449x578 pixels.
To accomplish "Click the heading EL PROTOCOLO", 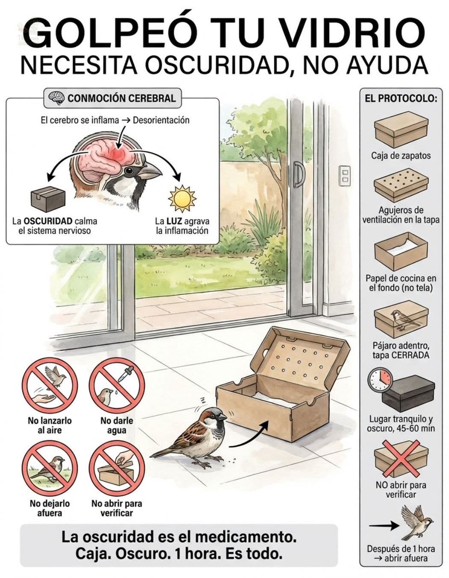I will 400,99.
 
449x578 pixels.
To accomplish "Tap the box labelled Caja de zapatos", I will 400,129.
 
